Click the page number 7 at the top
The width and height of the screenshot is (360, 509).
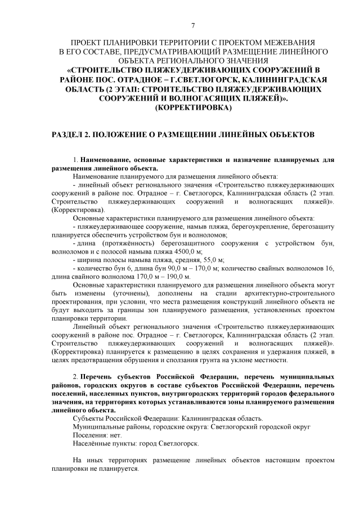[x=192, y=25]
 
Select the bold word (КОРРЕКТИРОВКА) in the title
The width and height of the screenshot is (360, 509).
[x=192, y=106]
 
